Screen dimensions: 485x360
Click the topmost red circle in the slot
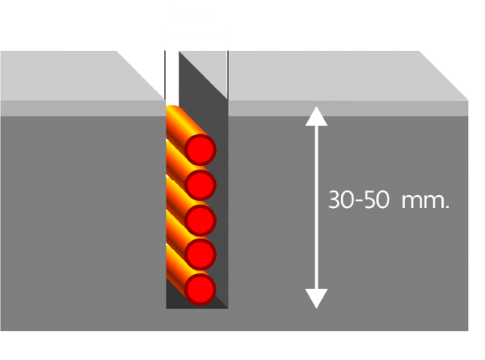click(x=200, y=150)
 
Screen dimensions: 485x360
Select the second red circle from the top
click(x=200, y=184)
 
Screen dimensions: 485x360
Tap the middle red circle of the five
click(x=200, y=220)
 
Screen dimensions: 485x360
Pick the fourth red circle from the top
click(x=200, y=254)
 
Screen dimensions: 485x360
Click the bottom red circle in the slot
click(x=200, y=290)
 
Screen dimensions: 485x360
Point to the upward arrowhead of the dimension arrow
click(x=316, y=116)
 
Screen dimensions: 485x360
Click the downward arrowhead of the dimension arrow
click(x=316, y=299)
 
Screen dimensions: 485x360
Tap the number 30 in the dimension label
click(x=340, y=200)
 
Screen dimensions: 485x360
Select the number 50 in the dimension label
click(x=377, y=200)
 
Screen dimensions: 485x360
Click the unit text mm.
click(x=425, y=201)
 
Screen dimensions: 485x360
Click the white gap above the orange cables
click(x=172, y=78)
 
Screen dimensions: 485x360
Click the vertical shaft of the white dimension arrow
click(x=316, y=207)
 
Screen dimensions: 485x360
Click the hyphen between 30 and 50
click(x=359, y=201)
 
